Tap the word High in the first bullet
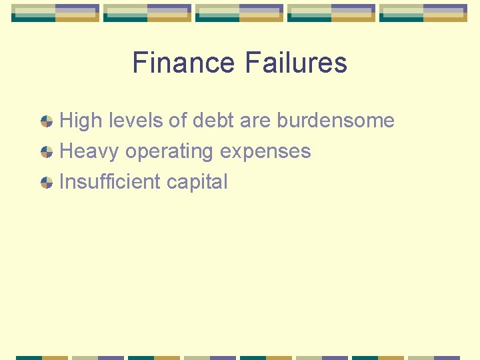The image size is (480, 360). [81, 121]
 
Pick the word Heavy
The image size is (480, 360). [89, 151]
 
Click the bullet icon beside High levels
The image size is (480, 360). [46, 121]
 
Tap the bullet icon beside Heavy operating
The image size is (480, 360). [46, 152]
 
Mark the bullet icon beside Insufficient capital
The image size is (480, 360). [46, 183]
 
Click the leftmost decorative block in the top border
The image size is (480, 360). [55, 13]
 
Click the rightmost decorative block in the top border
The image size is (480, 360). [423, 13]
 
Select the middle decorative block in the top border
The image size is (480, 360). [239, 13]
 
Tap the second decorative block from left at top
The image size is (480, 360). [147, 13]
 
